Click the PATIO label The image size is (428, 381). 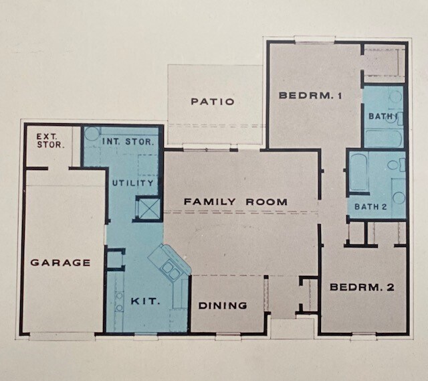click(x=212, y=102)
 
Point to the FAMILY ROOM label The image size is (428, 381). click(x=235, y=202)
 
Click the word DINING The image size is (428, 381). click(x=223, y=305)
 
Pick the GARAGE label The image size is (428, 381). click(x=60, y=262)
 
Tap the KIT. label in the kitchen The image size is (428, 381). click(x=145, y=301)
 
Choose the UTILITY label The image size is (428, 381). click(x=133, y=183)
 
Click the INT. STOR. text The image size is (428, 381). click(x=129, y=142)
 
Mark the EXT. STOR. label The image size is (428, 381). click(x=47, y=140)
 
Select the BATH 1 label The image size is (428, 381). click(x=383, y=117)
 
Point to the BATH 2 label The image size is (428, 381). click(x=374, y=207)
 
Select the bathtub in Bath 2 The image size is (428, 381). click(x=358, y=173)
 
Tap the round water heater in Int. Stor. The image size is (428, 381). click(x=92, y=133)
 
